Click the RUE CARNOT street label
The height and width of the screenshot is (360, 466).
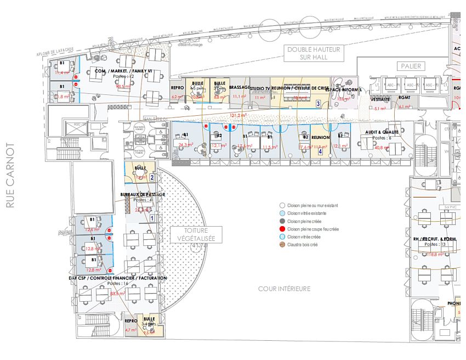(x=9, y=176)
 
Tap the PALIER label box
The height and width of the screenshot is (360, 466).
(x=411, y=66)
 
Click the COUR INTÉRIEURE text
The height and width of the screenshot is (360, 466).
(x=284, y=289)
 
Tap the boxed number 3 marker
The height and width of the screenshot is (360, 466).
(x=318, y=103)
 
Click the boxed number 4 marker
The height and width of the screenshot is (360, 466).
(x=320, y=151)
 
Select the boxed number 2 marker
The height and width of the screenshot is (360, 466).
(x=152, y=177)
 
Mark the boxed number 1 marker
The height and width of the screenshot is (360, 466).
(x=152, y=218)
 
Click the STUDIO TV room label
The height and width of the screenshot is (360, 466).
(x=260, y=88)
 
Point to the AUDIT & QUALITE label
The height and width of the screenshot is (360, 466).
(x=382, y=132)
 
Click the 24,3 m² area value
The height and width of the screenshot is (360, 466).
(x=186, y=145)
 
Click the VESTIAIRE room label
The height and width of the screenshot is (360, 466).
(x=380, y=100)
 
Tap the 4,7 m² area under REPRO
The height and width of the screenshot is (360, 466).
(x=130, y=330)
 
